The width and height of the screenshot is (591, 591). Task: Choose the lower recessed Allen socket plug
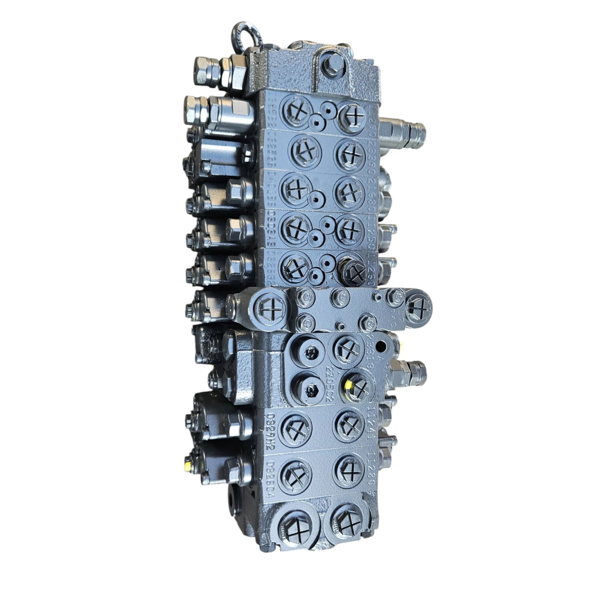coord(310,388)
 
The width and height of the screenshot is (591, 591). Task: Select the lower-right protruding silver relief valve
coord(409,373)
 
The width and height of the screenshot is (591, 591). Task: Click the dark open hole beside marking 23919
coord(381,346)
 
